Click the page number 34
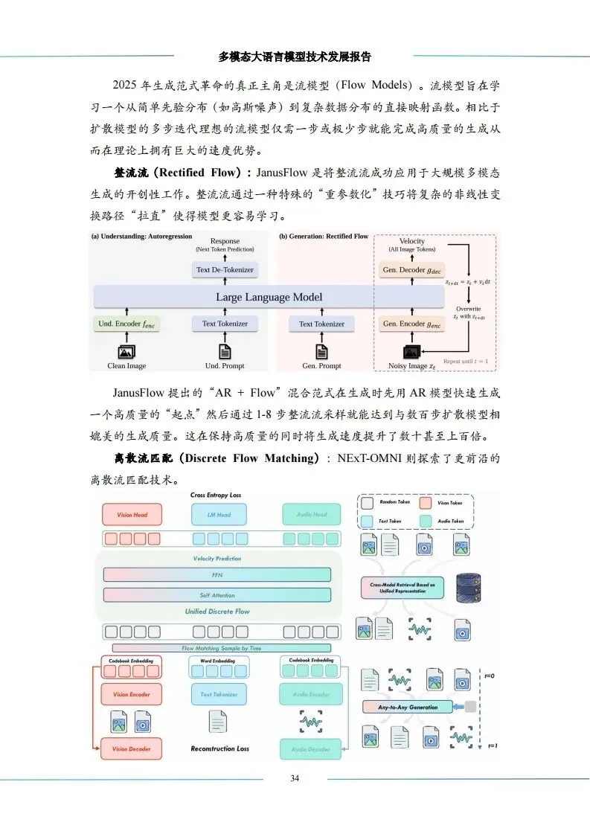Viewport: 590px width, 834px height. pos(295,778)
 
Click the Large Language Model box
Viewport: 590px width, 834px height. pos(269,297)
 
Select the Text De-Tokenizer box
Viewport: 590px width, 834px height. pos(225,269)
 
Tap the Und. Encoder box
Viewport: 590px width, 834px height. pos(127,324)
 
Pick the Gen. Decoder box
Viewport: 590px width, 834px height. pos(411,269)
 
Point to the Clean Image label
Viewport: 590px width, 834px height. pos(126,365)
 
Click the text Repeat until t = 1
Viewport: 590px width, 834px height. pos(466,361)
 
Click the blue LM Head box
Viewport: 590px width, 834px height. pos(219,515)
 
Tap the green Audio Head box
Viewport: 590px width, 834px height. pos(310,515)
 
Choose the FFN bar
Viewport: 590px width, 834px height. pos(217,575)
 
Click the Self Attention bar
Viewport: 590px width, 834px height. pos(217,594)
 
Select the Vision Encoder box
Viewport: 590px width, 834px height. pos(131,694)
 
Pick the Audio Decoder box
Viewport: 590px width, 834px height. pos(310,748)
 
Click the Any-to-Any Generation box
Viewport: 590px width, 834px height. pos(408,707)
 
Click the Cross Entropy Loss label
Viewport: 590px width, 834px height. pos(216,495)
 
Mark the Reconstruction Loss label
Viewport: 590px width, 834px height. pos(219,748)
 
